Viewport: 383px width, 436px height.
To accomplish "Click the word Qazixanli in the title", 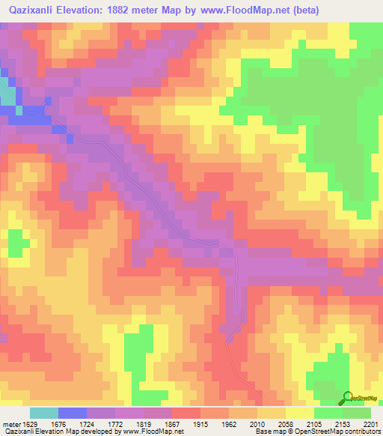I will pos(36,11).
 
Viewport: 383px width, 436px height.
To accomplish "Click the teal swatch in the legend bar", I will pos(43,413).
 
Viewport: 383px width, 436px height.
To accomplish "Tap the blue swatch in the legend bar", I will pos(73,413).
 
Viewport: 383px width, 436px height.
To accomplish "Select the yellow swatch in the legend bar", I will pos(299,413).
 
